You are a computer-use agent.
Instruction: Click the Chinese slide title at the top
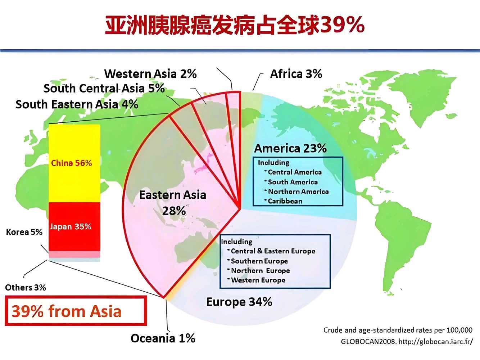(x=235, y=25)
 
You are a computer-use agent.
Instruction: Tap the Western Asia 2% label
(x=150, y=74)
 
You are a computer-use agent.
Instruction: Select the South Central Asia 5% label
(x=104, y=88)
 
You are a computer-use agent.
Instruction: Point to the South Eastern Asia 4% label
(x=77, y=104)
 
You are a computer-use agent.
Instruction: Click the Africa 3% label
(x=296, y=74)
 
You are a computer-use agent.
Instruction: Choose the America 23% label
(x=290, y=148)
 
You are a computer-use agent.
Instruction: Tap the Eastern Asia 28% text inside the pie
(x=173, y=203)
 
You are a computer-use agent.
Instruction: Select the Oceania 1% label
(x=163, y=338)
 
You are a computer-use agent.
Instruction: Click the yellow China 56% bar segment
(x=74, y=163)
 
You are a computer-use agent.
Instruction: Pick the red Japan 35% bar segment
(x=74, y=226)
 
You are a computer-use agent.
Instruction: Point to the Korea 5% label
(x=24, y=232)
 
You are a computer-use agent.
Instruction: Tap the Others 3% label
(x=25, y=287)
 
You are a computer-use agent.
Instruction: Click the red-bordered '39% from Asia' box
(x=76, y=311)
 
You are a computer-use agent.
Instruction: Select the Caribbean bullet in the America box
(x=284, y=201)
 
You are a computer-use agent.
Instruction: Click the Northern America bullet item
(x=296, y=192)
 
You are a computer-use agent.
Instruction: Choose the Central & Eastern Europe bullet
(x=271, y=251)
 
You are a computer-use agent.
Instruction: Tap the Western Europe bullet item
(x=256, y=280)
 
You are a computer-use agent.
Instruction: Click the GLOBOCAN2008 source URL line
(x=407, y=341)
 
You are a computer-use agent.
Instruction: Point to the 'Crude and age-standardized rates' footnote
(x=398, y=330)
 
